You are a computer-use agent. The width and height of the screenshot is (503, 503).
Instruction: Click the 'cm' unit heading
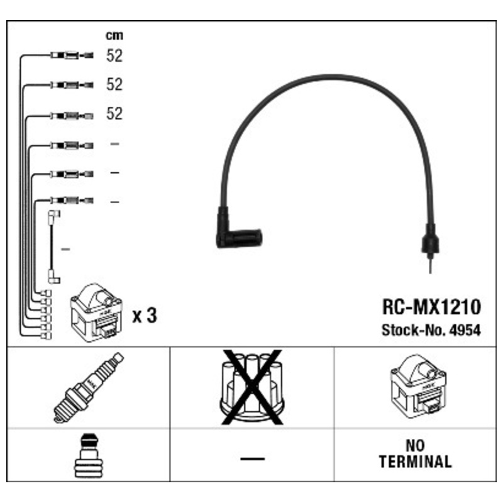tap(114, 35)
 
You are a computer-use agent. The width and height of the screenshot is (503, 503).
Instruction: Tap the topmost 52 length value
tap(114, 55)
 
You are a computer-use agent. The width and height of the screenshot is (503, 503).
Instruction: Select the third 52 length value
tap(114, 113)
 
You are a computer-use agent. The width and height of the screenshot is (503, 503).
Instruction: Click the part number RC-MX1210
tap(431, 307)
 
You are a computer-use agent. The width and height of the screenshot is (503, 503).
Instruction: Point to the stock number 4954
tap(465, 329)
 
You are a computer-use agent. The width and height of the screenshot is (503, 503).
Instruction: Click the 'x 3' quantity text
tap(145, 316)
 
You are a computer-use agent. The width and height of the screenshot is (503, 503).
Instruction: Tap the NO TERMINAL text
tap(416, 453)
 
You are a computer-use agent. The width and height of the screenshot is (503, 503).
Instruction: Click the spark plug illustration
tap(89, 387)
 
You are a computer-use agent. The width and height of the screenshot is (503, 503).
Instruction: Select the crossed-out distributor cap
tap(252, 387)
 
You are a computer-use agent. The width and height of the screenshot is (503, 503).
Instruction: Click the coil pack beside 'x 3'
tap(96, 312)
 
